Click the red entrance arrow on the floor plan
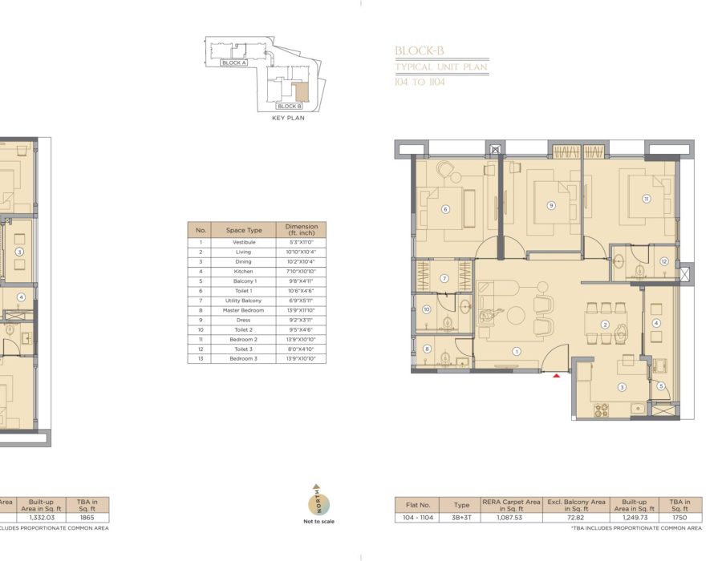click(x=556, y=374)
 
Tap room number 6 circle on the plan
click(x=444, y=210)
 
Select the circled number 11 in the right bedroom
click(x=646, y=199)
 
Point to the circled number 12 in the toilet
click(x=664, y=261)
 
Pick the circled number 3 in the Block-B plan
click(x=621, y=387)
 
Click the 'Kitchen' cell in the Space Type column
click(x=243, y=272)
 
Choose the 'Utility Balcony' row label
click(x=243, y=301)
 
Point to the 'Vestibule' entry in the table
click(x=243, y=242)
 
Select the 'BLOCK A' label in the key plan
click(x=233, y=63)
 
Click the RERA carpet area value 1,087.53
click(x=502, y=518)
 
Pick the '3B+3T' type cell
click(x=461, y=518)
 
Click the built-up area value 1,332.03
click(x=41, y=518)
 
